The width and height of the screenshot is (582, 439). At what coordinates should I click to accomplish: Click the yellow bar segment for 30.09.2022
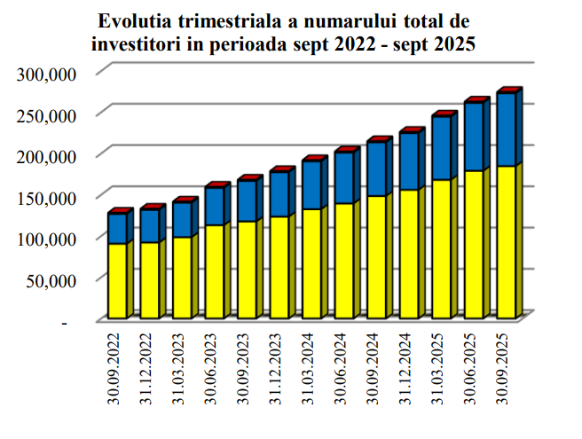coord(116,280)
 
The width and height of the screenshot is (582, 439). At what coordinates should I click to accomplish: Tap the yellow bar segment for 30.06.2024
coord(343,261)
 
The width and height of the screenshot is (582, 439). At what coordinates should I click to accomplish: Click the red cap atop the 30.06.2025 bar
coord(476,101)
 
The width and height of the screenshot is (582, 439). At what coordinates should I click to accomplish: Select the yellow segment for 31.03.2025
coord(441,248)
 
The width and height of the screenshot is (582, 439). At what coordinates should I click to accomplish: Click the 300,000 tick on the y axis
coord(49,74)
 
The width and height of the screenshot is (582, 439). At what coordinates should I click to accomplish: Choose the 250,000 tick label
coord(49,115)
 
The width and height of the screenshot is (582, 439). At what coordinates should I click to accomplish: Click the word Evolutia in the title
coord(133,20)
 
